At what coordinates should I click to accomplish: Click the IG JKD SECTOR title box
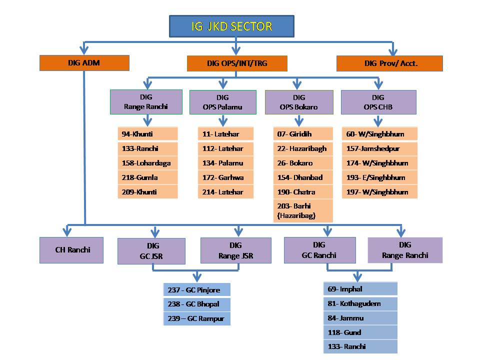231,26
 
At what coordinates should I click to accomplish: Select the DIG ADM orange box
84,62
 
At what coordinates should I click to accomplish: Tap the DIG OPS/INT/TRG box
237,63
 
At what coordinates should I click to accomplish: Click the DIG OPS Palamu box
222,102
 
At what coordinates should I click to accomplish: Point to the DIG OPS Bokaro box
299,102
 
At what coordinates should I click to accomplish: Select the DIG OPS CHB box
378,102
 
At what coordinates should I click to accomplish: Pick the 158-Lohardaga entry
147,163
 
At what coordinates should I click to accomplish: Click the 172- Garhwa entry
225,177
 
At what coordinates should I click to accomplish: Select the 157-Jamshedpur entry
379,148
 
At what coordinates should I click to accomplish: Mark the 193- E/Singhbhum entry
379,177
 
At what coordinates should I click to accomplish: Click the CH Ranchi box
71,249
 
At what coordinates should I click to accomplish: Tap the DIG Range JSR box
235,250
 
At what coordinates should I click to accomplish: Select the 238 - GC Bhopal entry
197,304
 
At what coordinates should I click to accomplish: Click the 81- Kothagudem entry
360,303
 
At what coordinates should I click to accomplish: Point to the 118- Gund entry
360,332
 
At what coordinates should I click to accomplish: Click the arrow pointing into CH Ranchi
65,231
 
